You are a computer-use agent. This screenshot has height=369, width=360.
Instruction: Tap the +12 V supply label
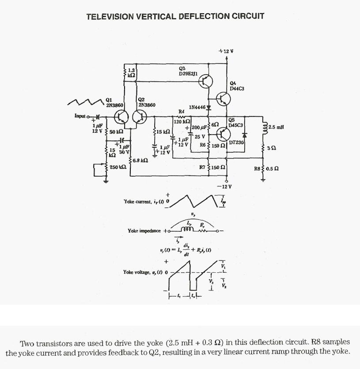point(226,52)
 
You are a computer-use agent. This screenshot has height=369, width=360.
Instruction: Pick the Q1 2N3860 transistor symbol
point(121,117)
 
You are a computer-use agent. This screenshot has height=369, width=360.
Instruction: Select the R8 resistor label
point(257,168)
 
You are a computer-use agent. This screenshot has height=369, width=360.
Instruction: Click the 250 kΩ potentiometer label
point(117,167)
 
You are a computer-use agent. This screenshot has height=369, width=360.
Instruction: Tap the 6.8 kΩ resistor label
point(140,160)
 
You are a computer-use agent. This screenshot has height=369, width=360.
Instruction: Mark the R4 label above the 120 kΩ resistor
point(181,111)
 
